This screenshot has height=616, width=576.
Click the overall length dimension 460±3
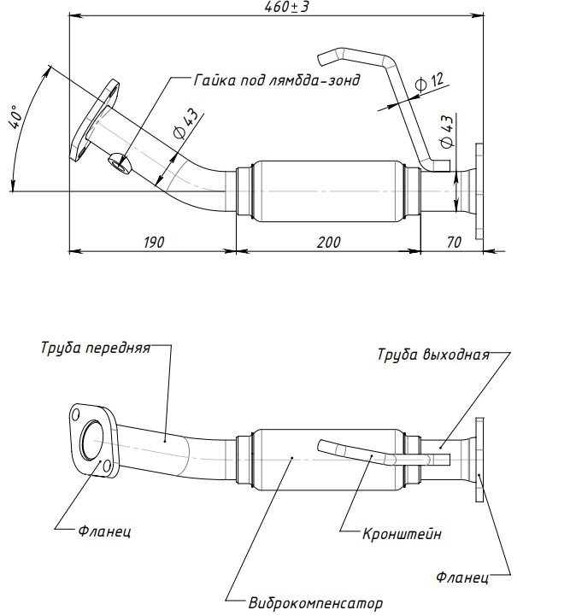coord(285,9)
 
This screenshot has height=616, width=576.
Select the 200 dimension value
coord(328,242)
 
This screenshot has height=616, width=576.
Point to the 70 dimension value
coord(454,242)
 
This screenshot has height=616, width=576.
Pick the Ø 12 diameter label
coord(429,83)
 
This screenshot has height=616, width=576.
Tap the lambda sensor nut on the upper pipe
coord(119,160)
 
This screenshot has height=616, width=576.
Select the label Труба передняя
coord(95,349)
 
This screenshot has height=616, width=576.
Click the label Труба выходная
coord(434,355)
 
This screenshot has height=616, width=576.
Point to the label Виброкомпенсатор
coord(316,602)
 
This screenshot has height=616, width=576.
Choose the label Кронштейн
coord(402,534)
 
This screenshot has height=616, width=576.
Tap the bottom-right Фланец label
coord(461,578)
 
